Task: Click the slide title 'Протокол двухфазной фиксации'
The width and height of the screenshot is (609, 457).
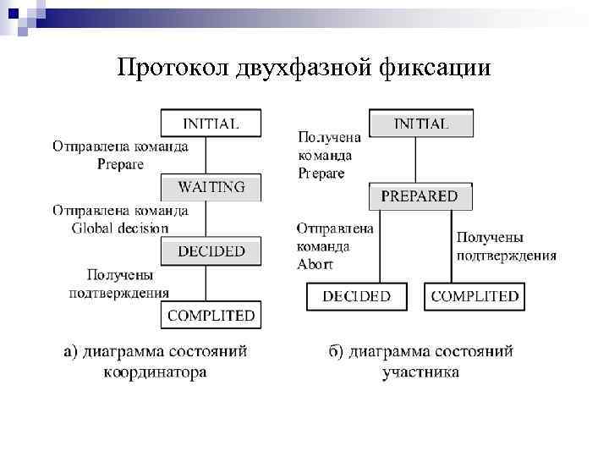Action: pyautogui.click(x=304, y=68)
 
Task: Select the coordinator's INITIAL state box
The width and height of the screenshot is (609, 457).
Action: pyautogui.click(x=211, y=124)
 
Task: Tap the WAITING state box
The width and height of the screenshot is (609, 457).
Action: pyautogui.click(x=211, y=187)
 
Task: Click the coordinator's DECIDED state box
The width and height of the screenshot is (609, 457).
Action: pyautogui.click(x=211, y=251)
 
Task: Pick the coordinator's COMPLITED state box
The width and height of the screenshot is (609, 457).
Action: pyautogui.click(x=211, y=316)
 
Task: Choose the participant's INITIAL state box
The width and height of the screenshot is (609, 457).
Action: pyautogui.click(x=420, y=124)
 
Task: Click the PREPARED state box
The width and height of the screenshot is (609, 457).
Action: pyautogui.click(x=420, y=196)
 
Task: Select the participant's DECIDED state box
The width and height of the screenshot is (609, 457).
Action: pyautogui.click(x=357, y=296)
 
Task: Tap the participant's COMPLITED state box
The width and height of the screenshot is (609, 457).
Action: pyautogui.click(x=475, y=296)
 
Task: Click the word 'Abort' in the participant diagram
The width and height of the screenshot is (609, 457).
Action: pyautogui.click(x=315, y=264)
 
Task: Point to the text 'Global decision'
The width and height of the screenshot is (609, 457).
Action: pyautogui.click(x=120, y=228)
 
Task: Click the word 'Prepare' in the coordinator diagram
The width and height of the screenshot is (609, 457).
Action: pyautogui.click(x=120, y=163)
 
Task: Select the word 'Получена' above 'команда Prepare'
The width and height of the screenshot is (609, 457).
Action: pyautogui.click(x=330, y=137)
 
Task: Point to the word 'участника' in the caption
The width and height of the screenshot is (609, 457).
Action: pyautogui.click(x=421, y=372)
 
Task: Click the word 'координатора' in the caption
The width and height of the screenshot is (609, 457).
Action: pyautogui.click(x=156, y=372)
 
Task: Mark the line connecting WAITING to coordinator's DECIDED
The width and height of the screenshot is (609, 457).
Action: pyautogui.click(x=206, y=218)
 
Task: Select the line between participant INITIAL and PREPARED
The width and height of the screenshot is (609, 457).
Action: pyautogui.click(x=414, y=160)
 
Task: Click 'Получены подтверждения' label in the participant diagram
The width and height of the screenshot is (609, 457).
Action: pyautogui.click(x=506, y=246)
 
